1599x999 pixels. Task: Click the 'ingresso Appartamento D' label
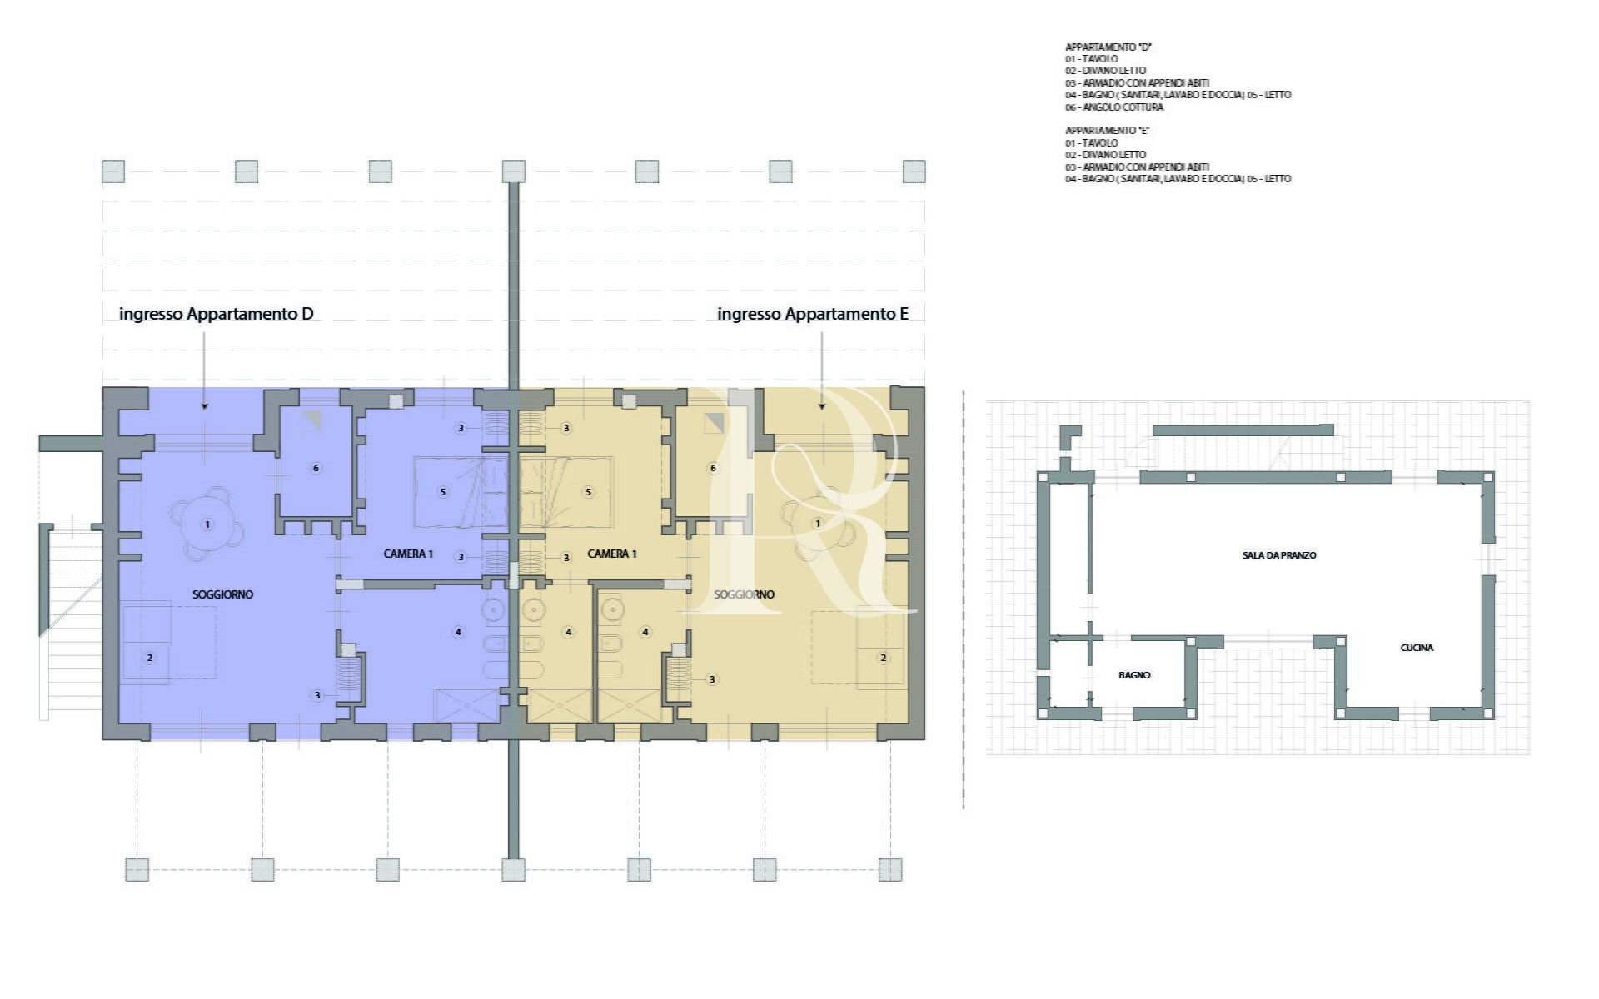[x=217, y=314]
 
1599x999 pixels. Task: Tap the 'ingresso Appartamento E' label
[x=813, y=314]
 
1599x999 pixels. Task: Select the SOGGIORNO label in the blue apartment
[x=222, y=594]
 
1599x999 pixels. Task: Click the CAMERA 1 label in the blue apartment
[x=408, y=554]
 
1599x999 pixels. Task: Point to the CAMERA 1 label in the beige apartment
[x=612, y=554]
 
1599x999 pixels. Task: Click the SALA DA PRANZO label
[x=1279, y=555]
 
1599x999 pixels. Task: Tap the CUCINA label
[x=1417, y=648]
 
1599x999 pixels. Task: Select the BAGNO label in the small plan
[x=1134, y=675]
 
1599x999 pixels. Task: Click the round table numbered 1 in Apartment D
[x=207, y=524]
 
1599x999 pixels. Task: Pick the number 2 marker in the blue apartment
[x=150, y=658]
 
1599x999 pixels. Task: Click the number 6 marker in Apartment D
[x=316, y=468]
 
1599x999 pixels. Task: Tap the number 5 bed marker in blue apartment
[x=442, y=492]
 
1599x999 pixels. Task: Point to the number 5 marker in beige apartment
[x=588, y=492]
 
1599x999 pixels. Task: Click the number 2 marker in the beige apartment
[x=884, y=658]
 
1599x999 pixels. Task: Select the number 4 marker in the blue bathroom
[x=458, y=632]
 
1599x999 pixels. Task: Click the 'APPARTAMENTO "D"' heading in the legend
[x=1108, y=47]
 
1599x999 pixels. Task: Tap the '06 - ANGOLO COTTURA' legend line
[x=1114, y=107]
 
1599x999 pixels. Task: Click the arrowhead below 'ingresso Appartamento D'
[x=205, y=406]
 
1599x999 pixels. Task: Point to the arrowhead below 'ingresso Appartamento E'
[x=822, y=406]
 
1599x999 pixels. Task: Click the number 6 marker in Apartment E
[x=712, y=468]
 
